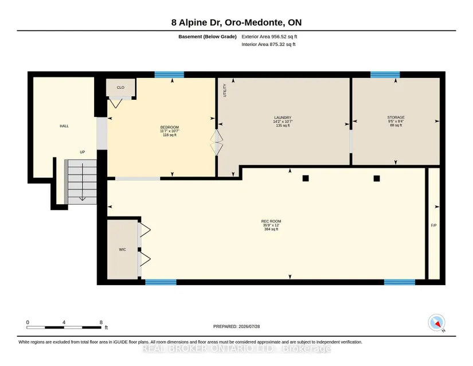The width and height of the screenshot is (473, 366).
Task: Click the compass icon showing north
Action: coord(436,322)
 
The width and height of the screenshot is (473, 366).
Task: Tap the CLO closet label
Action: coord(120,88)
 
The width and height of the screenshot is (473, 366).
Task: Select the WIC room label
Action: coord(122,250)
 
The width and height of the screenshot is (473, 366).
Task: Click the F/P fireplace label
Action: coord(434,225)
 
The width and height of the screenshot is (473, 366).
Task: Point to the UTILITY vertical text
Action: coord(224,90)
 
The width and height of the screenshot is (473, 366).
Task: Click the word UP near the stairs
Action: coord(83,152)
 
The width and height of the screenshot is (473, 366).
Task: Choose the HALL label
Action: coord(64,126)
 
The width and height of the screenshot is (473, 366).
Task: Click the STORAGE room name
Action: coord(396,118)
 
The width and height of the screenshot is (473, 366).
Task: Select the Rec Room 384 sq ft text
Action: coord(271,229)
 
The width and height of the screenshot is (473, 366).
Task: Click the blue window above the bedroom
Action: coord(169,75)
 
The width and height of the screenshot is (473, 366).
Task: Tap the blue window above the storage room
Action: coord(385,75)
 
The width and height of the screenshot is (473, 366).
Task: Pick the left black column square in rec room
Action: coord(306,178)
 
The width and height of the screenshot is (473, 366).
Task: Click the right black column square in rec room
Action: coord(377,178)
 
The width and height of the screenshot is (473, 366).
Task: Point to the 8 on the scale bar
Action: coord(101,322)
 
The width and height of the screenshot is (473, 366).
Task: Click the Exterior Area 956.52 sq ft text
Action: coord(269,37)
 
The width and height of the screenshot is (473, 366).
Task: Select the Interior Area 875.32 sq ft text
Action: coord(268,44)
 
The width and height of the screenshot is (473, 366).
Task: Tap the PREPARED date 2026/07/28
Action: coord(249,326)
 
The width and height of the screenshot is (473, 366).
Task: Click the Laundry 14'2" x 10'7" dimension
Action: coord(283,121)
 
